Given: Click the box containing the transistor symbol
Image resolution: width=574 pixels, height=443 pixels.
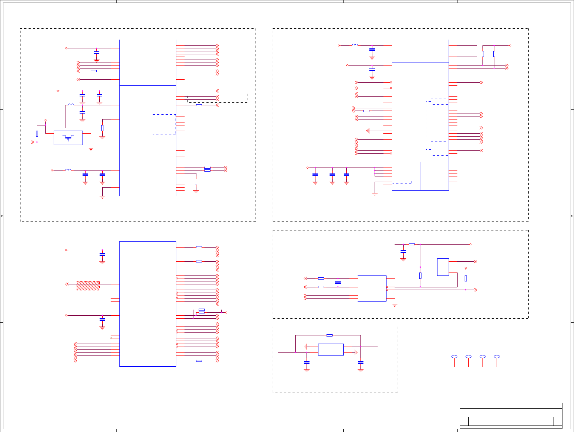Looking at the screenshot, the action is [68, 138].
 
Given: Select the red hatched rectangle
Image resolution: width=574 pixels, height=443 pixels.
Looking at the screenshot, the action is [88, 286].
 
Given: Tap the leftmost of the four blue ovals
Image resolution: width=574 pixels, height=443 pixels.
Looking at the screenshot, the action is [454, 357].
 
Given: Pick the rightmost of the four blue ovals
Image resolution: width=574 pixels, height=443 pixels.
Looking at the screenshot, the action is [497, 357].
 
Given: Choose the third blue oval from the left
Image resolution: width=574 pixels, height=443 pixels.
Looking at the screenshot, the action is [482, 357].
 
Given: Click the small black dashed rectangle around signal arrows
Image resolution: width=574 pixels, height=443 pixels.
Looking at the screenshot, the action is [217, 98].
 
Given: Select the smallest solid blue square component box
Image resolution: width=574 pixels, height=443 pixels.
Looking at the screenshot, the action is [443, 267].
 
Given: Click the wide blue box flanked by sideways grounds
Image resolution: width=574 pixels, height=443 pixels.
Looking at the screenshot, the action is [331, 350].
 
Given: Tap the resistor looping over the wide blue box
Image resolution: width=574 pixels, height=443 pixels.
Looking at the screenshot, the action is [329, 335].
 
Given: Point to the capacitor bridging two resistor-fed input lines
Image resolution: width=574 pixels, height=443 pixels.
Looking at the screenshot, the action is [338, 283].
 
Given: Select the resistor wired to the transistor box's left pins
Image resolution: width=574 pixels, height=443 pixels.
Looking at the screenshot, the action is [37, 133].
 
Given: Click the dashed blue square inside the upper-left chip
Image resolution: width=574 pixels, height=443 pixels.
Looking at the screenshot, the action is [164, 124].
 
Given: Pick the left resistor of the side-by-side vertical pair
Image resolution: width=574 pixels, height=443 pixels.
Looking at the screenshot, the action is [483, 54].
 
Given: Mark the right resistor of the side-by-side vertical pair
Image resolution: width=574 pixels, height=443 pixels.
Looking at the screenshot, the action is [494, 54].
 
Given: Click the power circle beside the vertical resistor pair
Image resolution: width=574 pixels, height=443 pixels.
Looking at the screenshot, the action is [510, 45].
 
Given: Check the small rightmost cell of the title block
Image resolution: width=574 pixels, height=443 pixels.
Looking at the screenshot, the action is [558, 421].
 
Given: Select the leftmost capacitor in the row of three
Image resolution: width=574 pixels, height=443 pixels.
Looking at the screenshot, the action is [315, 174].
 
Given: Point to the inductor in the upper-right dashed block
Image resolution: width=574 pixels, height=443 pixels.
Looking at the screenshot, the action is [355, 45].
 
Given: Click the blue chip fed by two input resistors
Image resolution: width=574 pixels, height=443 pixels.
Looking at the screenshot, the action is [372, 288].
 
